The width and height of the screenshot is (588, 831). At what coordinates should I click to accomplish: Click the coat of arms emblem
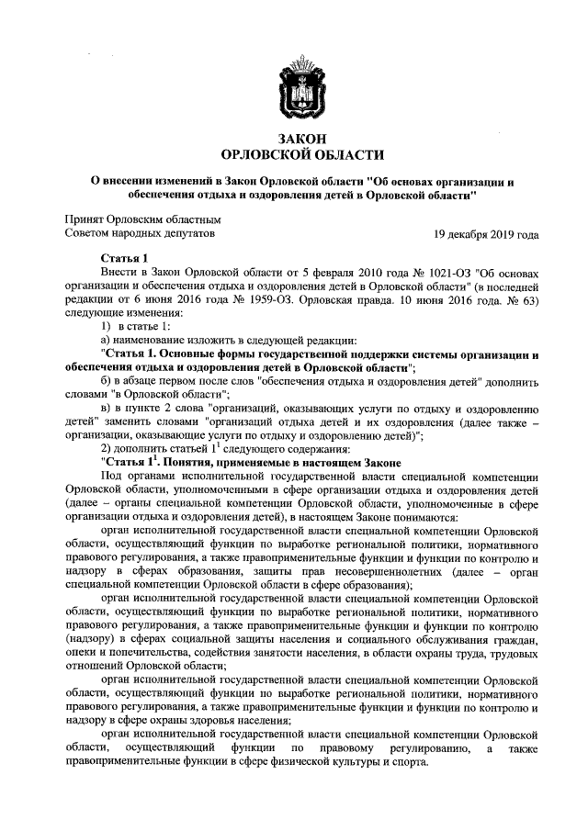[x=293, y=87]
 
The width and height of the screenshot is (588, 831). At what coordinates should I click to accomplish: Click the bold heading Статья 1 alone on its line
[x=126, y=259]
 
